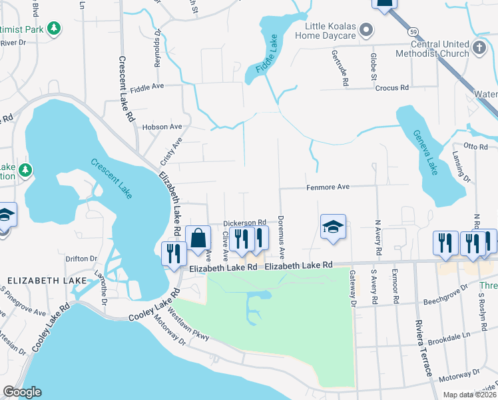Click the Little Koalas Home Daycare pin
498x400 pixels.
coord(365,30)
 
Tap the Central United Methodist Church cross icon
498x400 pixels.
coord(479,47)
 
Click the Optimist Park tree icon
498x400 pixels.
coord(55,29)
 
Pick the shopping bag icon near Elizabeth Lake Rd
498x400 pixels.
coord(198,237)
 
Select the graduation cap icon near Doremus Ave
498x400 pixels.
coord(333,227)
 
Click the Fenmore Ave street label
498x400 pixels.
coord(328,187)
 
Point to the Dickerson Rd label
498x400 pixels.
coord(244,222)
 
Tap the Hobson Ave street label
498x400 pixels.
coord(162,127)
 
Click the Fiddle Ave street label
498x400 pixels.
coord(147,87)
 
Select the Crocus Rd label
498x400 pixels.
coord(391,87)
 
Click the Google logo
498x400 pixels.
coord(22,392)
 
